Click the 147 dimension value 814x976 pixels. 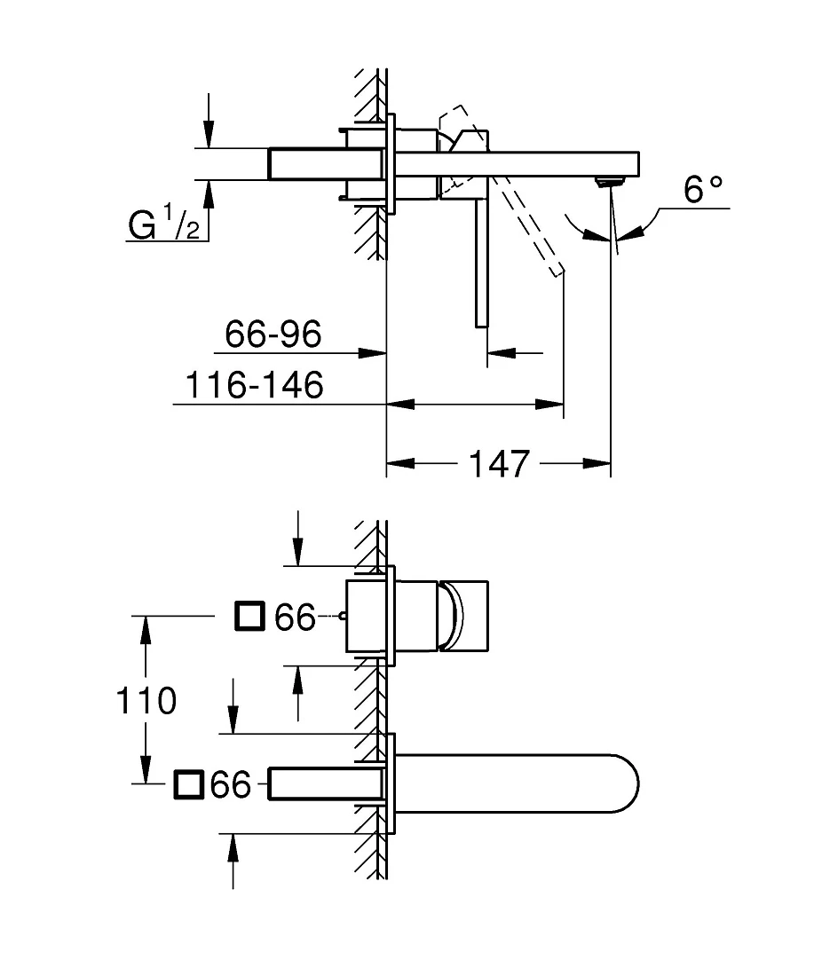pyautogui.click(x=498, y=464)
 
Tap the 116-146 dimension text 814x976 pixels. pyautogui.click(x=255, y=385)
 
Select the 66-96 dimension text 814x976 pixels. pyautogui.click(x=273, y=335)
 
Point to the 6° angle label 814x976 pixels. pyautogui.click(x=703, y=189)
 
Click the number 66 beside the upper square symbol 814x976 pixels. pyautogui.click(x=296, y=618)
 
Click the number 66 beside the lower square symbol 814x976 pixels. pyautogui.click(x=231, y=784)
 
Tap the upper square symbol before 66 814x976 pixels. pyautogui.click(x=250, y=617)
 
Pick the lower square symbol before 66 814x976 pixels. pyautogui.click(x=189, y=784)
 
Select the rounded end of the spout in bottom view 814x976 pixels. pyautogui.click(x=625, y=783)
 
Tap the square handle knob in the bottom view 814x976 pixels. pyautogui.click(x=464, y=617)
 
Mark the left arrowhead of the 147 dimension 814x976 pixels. pyautogui.click(x=400, y=463)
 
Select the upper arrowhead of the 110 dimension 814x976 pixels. pyautogui.click(x=146, y=630)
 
